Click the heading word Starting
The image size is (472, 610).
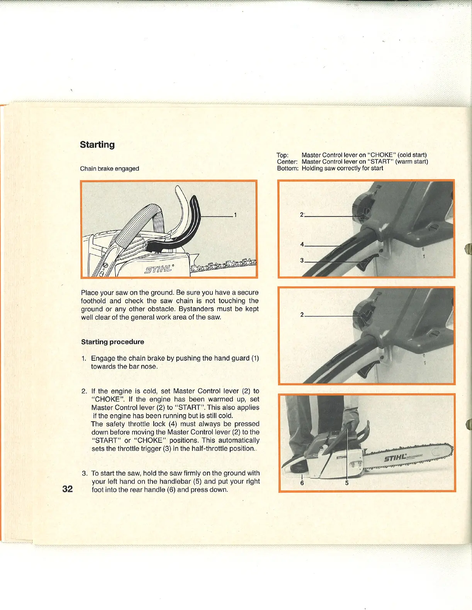(97, 145)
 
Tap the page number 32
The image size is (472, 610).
(68, 489)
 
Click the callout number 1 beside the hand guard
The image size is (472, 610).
(235, 215)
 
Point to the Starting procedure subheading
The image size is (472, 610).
(112, 342)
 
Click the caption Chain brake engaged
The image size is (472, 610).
(109, 169)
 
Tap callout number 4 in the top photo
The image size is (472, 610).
(302, 244)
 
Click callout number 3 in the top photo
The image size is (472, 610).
(302, 260)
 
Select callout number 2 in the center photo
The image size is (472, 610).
(302, 315)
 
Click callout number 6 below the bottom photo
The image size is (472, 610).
(302, 483)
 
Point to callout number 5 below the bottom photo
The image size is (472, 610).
(347, 483)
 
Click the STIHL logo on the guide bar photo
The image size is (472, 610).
(395, 458)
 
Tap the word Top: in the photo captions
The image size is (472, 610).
(283, 155)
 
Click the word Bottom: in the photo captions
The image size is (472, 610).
(287, 168)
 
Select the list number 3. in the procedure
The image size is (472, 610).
(85, 473)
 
